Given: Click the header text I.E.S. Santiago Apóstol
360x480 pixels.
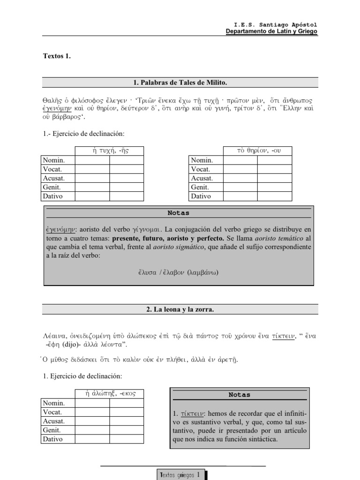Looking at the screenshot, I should click(276, 24).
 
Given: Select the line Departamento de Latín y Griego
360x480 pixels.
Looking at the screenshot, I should click(271, 31).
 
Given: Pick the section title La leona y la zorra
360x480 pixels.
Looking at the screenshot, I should click(180, 309).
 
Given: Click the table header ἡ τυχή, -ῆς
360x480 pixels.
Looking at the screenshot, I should click(109, 150).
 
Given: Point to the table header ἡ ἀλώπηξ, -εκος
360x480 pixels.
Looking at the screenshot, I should click(109, 393).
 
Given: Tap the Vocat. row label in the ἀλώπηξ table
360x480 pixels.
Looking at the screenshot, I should click(52, 412).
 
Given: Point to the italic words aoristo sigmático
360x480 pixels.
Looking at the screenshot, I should click(180, 247).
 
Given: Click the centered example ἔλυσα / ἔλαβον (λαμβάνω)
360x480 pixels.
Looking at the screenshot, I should click(178, 272).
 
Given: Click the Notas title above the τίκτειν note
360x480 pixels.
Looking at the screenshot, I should click(239, 395).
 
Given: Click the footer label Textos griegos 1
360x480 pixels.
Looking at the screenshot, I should click(180, 474).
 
